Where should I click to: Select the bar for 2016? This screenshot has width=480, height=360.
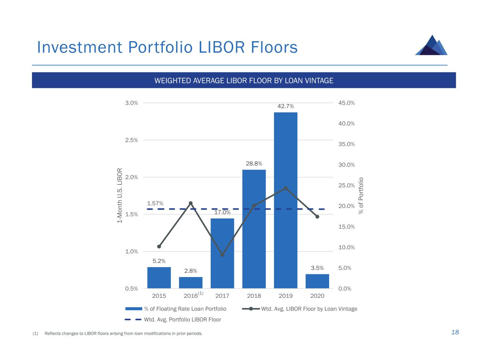pyautogui.click(x=191, y=283)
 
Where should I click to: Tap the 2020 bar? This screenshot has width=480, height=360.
pyautogui.click(x=317, y=281)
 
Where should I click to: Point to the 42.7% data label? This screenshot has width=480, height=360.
pyautogui.click(x=286, y=106)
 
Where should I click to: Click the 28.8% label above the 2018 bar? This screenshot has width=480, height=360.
pyautogui.click(x=254, y=163)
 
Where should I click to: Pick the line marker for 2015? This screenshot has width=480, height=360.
pyautogui.click(x=159, y=246)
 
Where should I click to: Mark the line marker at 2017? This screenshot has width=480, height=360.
pyautogui.click(x=222, y=255)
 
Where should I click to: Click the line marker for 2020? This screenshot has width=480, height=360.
pyautogui.click(x=317, y=217)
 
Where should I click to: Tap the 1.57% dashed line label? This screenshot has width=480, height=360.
pyautogui.click(x=155, y=203)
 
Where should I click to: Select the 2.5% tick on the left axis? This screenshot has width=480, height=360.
pyautogui.click(x=132, y=140)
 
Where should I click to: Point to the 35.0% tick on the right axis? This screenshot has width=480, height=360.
pyautogui.click(x=346, y=144)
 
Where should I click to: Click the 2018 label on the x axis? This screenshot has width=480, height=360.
pyautogui.click(x=254, y=296)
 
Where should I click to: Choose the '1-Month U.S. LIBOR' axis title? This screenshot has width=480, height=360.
pyautogui.click(x=120, y=195)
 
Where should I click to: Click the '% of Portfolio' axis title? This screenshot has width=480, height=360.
pyautogui.click(x=361, y=196)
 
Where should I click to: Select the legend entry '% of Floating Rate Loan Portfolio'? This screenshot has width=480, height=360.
pyautogui.click(x=185, y=309)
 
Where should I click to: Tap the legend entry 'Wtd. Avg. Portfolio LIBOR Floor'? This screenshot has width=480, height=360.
pyautogui.click(x=183, y=320)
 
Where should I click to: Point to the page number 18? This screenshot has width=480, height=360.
pyautogui.click(x=455, y=332)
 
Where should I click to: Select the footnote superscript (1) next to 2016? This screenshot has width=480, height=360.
pyautogui.click(x=200, y=293)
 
